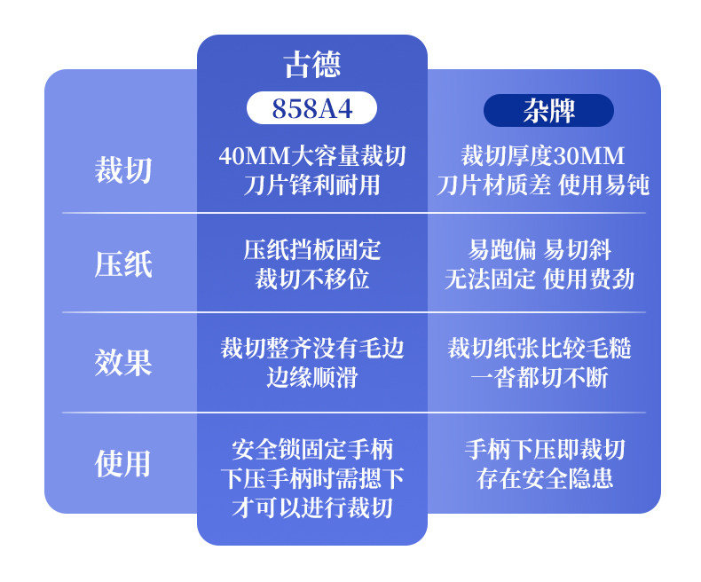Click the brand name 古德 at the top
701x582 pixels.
[311, 65]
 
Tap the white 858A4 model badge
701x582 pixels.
[311, 108]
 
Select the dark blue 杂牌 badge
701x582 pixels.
[548, 110]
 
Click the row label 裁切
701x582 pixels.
[123, 169]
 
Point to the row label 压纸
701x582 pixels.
[123, 264]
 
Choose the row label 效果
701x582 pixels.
[123, 362]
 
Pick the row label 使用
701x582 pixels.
[123, 463]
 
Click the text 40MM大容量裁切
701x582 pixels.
[311, 156]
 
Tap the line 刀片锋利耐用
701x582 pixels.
[311, 185]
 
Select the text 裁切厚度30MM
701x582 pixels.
[543, 156]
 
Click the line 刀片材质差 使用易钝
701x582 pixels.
[543, 185]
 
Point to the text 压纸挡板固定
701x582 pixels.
[311, 250]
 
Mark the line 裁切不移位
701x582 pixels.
[311, 279]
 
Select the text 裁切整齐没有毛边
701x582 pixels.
[311, 348]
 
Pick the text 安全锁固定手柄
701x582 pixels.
[311, 448]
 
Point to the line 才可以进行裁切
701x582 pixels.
[311, 507]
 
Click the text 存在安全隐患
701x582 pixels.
[544, 479]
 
